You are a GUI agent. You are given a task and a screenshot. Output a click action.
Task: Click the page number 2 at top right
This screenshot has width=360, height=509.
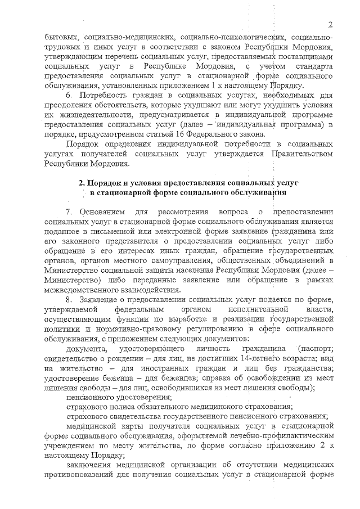[331, 25]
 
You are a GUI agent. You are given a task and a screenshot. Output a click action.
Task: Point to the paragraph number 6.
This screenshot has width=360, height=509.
[70, 97]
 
